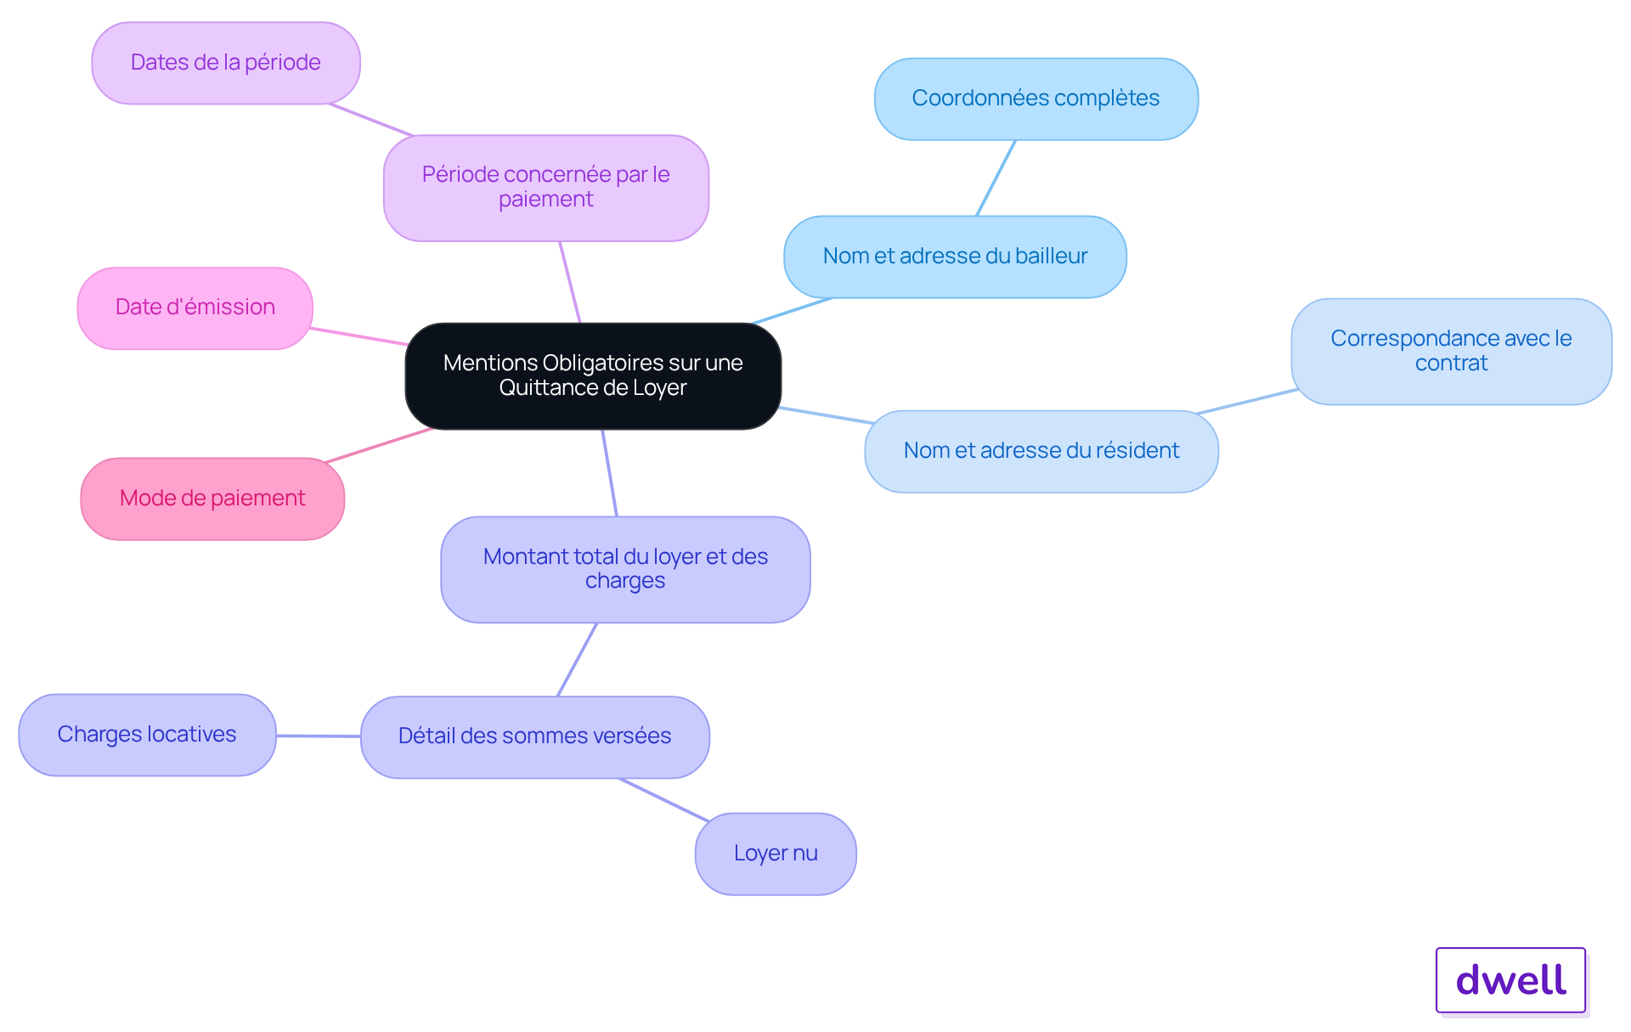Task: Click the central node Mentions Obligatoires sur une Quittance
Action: click(593, 375)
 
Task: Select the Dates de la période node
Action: click(226, 63)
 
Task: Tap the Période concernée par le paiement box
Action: click(546, 188)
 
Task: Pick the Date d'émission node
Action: click(195, 308)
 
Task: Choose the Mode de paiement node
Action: click(212, 499)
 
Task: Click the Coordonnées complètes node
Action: click(1036, 99)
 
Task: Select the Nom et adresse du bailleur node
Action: click(955, 257)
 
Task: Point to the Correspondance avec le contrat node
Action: click(1451, 351)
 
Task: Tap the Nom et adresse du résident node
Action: click(1041, 451)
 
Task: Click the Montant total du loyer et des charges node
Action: click(625, 569)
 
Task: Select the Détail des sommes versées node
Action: click(535, 736)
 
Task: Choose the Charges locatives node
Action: click(147, 735)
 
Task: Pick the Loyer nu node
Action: click(776, 854)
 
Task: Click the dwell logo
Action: click(1511, 980)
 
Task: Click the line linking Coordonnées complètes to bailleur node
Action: click(996, 178)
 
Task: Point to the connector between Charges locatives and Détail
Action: click(319, 736)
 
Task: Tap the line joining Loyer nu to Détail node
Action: click(664, 799)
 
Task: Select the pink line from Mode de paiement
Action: click(379, 445)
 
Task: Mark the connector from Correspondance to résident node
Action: click(1247, 401)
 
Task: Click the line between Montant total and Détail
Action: click(577, 660)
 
